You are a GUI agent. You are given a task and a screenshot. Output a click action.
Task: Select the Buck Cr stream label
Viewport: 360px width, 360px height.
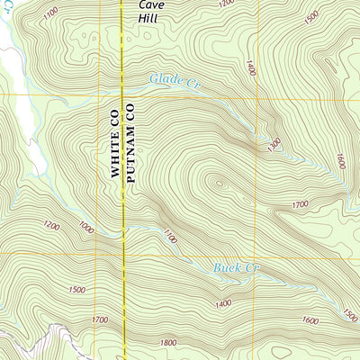point(236,267)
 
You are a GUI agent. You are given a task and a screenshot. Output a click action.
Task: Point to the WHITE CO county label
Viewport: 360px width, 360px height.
point(115,143)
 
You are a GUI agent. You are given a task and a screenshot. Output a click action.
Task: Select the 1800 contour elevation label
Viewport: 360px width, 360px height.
point(166,342)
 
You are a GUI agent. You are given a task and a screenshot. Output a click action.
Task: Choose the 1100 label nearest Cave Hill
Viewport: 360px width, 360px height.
point(49,12)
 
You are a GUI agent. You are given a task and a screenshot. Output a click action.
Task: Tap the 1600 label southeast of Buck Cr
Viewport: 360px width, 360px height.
point(310,319)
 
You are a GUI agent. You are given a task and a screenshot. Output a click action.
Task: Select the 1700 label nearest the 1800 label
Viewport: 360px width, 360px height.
point(100,319)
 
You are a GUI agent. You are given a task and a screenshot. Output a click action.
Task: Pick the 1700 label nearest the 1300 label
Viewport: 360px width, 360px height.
point(301,205)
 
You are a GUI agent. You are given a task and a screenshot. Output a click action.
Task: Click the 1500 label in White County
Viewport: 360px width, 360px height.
point(76,290)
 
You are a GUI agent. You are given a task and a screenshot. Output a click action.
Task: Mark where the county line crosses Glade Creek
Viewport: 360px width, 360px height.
point(123,88)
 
